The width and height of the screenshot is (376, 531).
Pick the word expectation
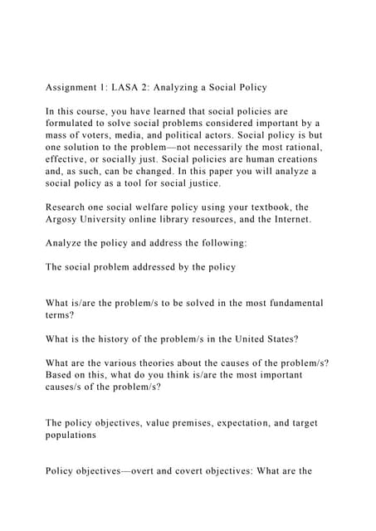coord(255,422)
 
